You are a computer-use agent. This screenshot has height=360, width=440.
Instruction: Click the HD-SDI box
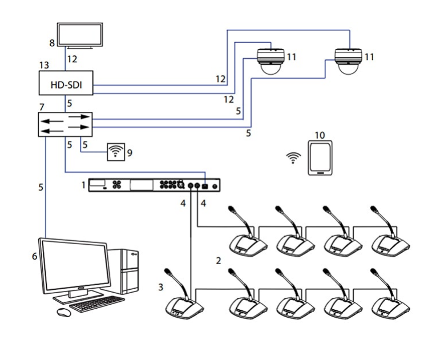tap(66, 83)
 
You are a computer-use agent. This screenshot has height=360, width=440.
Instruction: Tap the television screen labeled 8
tap(80, 35)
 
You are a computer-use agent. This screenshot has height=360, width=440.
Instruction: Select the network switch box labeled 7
tap(65, 124)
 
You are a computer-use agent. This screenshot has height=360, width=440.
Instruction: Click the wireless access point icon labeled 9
tap(116, 152)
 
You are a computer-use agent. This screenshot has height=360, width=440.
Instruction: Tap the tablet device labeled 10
tap(320, 158)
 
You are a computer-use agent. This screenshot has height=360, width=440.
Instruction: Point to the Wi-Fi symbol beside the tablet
tap(293, 158)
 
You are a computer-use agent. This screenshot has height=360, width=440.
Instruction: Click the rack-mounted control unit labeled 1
tap(154, 185)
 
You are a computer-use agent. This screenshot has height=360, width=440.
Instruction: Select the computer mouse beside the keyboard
tap(64, 312)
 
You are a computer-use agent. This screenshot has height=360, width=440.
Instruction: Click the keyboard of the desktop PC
tap(97, 304)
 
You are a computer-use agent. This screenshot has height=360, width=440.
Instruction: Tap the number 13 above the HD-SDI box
tap(44, 65)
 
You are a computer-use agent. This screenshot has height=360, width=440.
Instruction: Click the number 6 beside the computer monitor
tap(34, 256)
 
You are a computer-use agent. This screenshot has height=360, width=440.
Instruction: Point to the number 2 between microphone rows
tap(219, 261)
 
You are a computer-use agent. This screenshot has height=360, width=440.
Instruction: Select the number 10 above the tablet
tap(320, 135)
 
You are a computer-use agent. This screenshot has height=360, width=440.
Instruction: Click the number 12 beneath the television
tap(72, 59)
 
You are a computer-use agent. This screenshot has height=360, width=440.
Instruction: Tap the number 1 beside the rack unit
tap(83, 185)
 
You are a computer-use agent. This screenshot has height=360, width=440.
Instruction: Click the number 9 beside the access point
tap(130, 153)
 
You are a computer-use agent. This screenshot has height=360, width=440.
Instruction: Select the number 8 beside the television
tap(52, 43)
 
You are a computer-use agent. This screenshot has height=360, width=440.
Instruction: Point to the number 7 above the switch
tap(42, 107)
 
